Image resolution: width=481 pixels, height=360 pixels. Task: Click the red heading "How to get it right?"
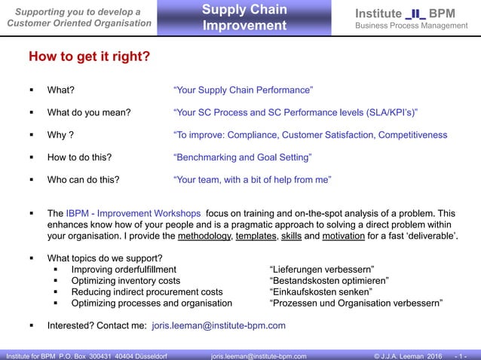click(x=89, y=57)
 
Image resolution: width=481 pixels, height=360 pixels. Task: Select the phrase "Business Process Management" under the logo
click(x=412, y=26)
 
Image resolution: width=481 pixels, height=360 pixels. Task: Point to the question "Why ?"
click(x=60, y=136)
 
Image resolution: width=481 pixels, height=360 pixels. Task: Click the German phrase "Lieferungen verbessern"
click(x=322, y=269)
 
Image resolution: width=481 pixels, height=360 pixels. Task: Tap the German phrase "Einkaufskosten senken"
click(x=320, y=291)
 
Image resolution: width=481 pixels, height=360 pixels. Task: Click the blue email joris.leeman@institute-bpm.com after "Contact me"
click(x=219, y=326)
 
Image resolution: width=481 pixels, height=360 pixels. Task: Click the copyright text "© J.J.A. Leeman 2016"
click(x=407, y=355)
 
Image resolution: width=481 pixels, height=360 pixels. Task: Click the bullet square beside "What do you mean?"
click(x=31, y=113)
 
